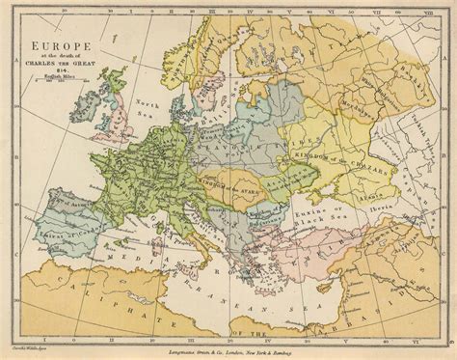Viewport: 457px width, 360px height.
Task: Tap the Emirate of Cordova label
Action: coord(53,229)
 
